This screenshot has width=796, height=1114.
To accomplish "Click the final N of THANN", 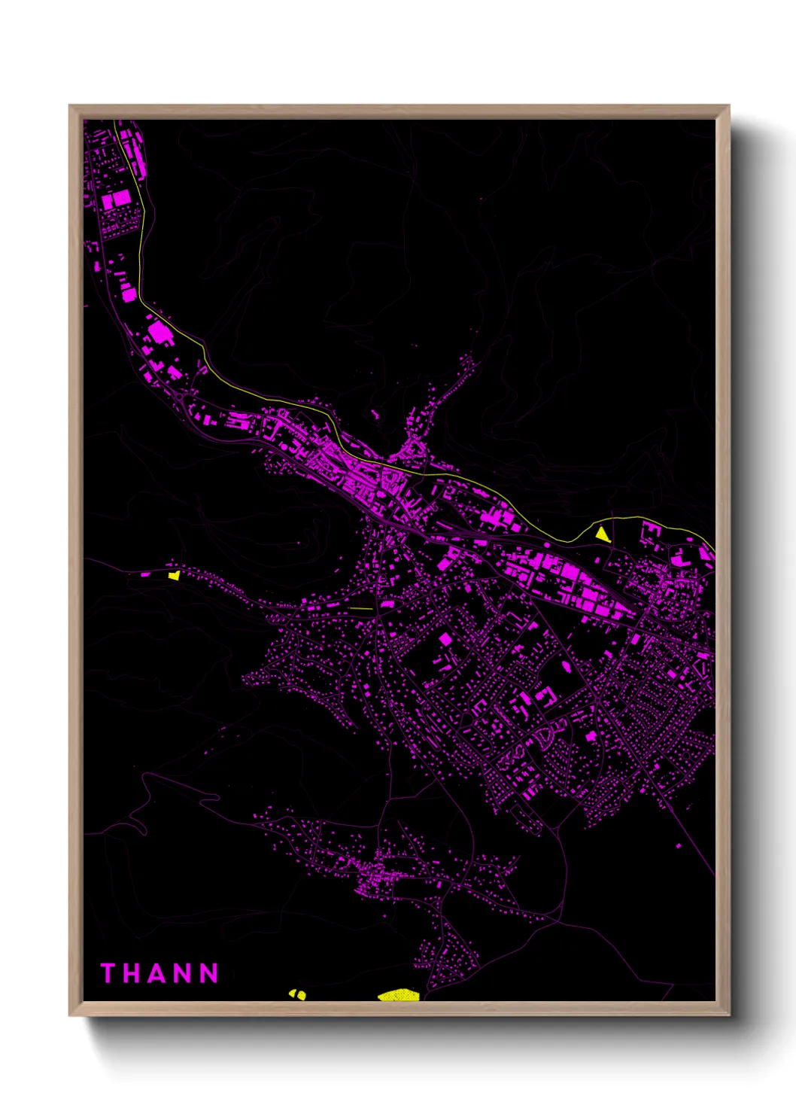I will pos(210,973).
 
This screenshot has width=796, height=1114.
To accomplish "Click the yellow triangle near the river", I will pos(602,534).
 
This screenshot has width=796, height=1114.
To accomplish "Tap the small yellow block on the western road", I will pos(175,575).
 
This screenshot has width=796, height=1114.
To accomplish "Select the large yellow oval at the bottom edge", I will pos(397,996).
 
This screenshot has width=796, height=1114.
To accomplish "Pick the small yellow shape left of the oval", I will pos(298,994).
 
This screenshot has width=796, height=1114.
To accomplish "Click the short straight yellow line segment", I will pos(361,608).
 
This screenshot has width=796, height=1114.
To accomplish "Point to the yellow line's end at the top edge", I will pos(115,120).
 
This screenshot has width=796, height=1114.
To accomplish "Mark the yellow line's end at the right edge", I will pos(713,548).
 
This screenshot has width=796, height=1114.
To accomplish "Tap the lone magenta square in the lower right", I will pos(679,846).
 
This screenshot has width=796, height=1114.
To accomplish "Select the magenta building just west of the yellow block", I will pos(145,575).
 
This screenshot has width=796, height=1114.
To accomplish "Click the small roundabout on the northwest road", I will pos(202,369).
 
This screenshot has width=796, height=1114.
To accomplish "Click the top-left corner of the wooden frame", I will pos(70,106).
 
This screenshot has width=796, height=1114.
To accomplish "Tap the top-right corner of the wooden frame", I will pos(729,106).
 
